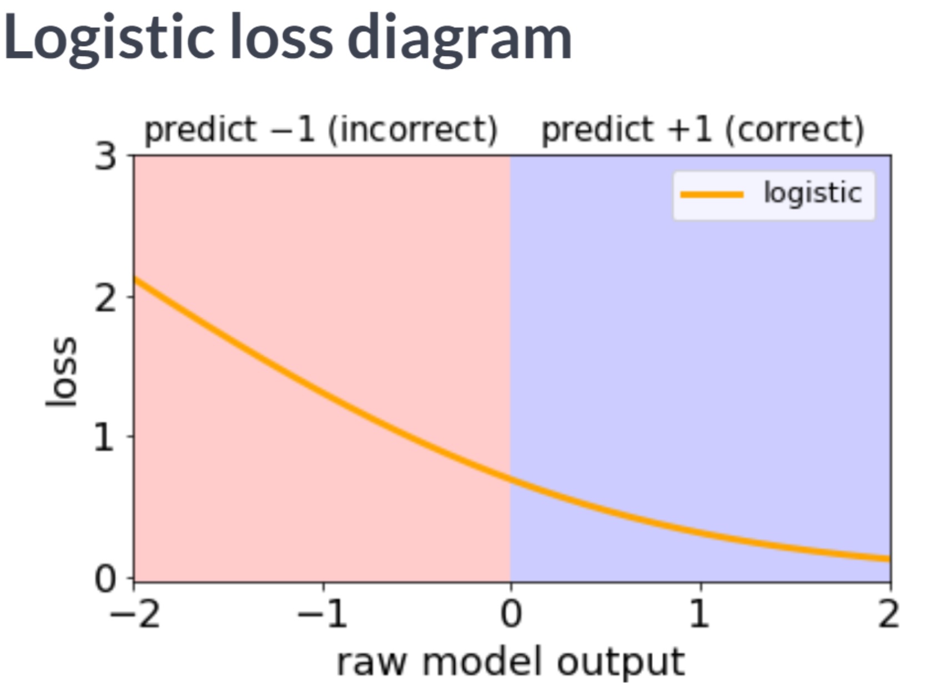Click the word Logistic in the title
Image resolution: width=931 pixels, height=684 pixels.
click(x=109, y=38)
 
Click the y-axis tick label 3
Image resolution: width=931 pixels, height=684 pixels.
click(x=105, y=158)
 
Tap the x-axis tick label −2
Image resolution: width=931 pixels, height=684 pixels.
click(x=134, y=615)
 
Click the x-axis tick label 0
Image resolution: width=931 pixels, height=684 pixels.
click(x=511, y=615)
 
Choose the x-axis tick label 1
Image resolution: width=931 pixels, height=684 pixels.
click(x=700, y=615)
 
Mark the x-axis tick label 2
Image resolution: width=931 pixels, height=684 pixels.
click(x=889, y=615)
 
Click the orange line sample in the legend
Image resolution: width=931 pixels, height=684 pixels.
click(x=712, y=194)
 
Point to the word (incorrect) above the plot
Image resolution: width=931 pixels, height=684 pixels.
click(x=412, y=130)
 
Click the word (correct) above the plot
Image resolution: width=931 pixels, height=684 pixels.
click(x=794, y=130)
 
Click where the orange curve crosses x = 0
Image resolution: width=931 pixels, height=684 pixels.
click(x=511, y=479)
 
